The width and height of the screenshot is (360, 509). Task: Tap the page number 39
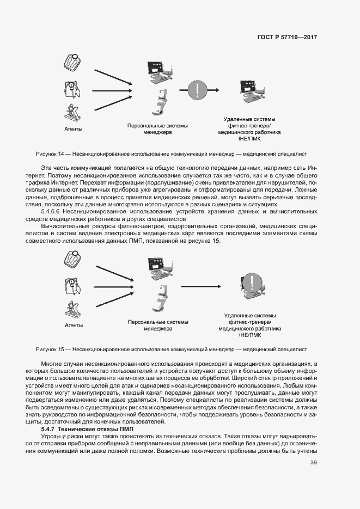(x=313, y=463)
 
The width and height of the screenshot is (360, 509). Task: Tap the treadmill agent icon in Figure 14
(x=72, y=114)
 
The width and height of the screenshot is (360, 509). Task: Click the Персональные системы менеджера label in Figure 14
(x=157, y=128)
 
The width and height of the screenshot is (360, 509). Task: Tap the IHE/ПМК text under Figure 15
(x=249, y=335)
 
